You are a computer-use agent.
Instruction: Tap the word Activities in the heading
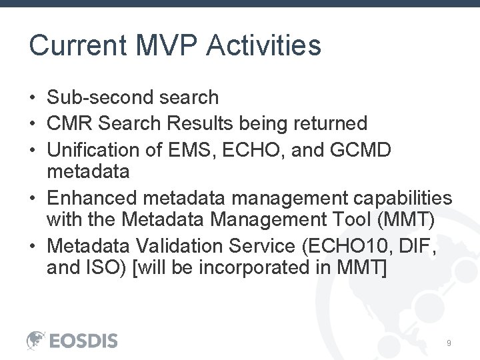(x=264, y=46)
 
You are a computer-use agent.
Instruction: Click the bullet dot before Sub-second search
(x=32, y=98)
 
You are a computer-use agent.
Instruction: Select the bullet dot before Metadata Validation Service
(x=32, y=247)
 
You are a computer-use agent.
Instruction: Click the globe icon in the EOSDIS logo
(x=36, y=340)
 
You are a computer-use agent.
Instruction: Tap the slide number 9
(x=449, y=343)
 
